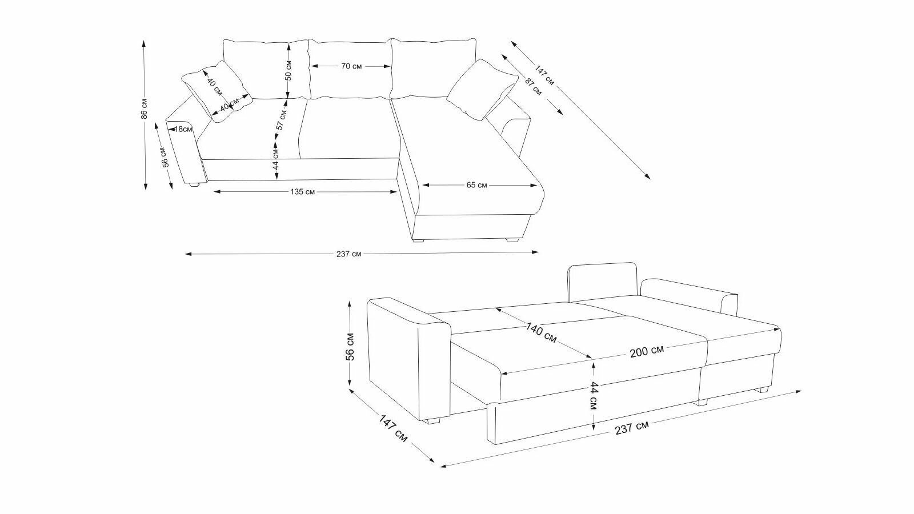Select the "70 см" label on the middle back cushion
pyautogui.click(x=351, y=66)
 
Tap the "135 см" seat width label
pyautogui.click(x=302, y=192)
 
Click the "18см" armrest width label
pyautogui.click(x=183, y=129)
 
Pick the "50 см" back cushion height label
pyautogui.click(x=288, y=70)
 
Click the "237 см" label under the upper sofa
pyautogui.click(x=348, y=254)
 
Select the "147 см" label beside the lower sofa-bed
pyautogui.click(x=392, y=428)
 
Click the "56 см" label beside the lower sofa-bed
pyautogui.click(x=350, y=346)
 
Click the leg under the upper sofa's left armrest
pyautogui.click(x=194, y=184)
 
